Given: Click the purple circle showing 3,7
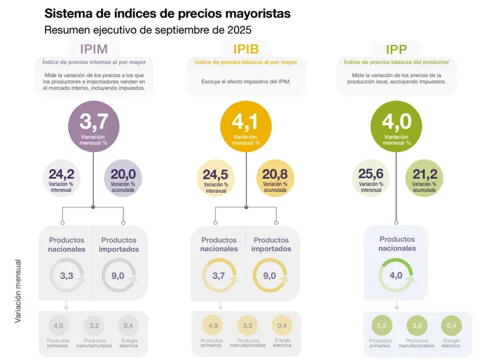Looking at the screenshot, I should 93,126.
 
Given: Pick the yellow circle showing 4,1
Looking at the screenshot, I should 245,126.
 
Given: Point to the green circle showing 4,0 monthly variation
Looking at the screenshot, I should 396,126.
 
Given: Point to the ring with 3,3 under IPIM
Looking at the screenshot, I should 67,275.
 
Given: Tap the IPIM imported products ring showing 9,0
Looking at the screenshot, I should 118,275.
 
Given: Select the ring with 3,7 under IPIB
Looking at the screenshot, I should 219,275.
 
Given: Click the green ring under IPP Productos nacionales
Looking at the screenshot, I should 396,275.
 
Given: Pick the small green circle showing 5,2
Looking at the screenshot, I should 381,326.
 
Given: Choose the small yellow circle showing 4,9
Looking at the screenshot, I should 213,326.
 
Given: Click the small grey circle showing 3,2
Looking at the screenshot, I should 94,326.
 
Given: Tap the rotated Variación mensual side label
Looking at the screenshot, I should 18,291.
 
